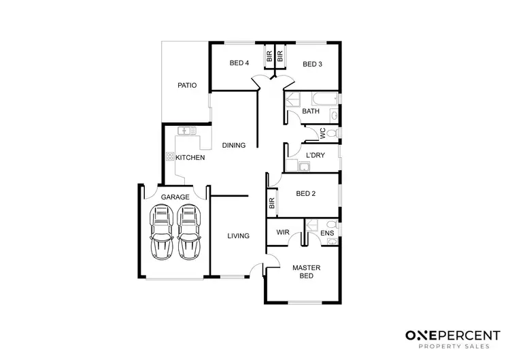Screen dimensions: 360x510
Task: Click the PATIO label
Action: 187,86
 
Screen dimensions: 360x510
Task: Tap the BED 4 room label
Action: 239,64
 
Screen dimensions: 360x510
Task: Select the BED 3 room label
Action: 311,65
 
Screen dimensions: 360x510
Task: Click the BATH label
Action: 311,112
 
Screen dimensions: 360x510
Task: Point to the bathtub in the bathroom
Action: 318,98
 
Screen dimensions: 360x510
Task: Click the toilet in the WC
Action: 331,133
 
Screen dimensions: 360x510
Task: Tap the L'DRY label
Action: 316,156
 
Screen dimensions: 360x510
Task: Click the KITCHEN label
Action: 190,158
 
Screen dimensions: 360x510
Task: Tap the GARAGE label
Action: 175,197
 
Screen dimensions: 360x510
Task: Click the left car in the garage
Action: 161,233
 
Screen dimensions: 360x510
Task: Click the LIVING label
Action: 238,236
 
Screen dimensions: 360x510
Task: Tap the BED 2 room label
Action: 307,193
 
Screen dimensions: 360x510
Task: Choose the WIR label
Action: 284,232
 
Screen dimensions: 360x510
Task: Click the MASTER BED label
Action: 306,272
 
